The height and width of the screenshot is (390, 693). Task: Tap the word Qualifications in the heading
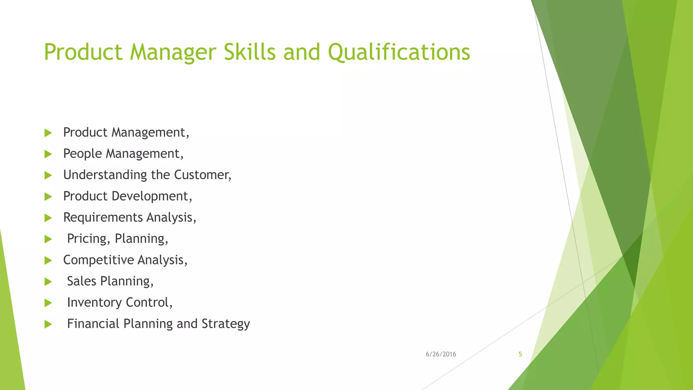point(399,53)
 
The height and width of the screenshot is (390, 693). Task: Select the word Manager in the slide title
point(173,53)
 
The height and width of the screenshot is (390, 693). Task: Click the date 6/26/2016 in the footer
point(441,354)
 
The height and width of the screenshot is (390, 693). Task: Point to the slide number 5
point(520,354)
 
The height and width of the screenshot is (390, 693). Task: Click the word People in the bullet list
point(82,154)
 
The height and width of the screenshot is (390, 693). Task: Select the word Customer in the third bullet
point(202,175)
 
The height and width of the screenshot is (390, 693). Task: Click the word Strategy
point(226,324)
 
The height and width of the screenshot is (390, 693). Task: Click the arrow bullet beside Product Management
point(48,133)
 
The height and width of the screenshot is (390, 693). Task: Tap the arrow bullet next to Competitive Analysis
point(48,260)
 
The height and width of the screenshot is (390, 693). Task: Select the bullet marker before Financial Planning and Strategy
point(48,324)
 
